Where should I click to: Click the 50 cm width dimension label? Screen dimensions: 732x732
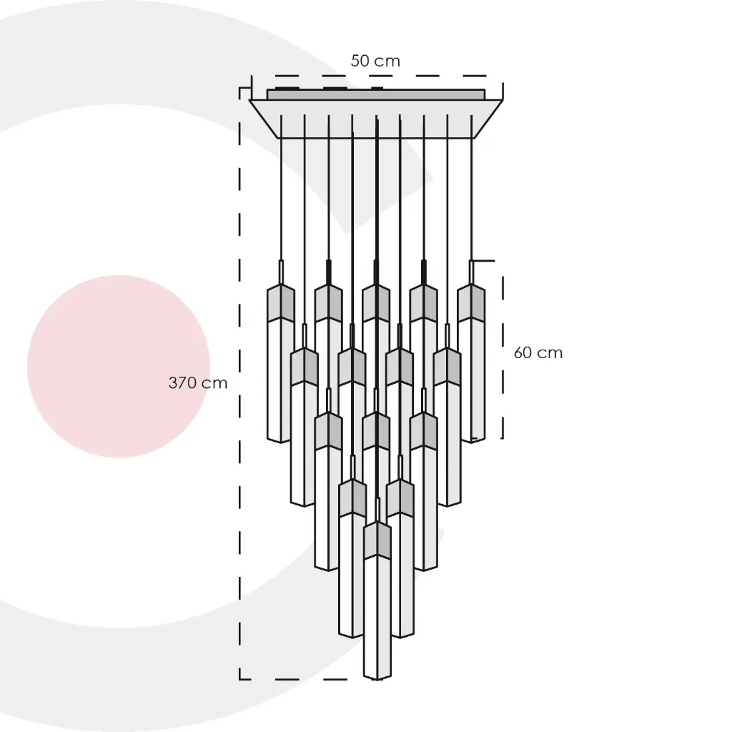point(375,61)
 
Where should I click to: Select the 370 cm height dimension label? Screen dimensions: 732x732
point(198,383)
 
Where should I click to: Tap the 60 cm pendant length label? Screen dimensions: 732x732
point(538,352)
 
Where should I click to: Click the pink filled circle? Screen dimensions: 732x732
point(119,366)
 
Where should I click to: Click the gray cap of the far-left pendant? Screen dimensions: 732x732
point(280,303)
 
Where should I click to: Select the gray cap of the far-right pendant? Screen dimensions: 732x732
point(471,303)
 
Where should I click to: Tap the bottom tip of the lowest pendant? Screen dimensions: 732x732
point(377,680)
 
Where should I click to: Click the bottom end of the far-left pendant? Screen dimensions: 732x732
point(280,442)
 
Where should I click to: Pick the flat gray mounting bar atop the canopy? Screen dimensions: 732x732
point(376,94)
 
